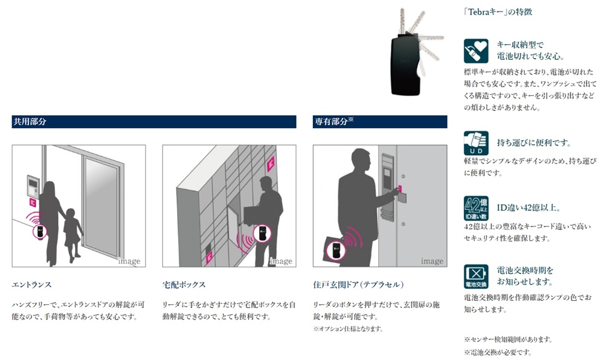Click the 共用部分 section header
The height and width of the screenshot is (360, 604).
30,121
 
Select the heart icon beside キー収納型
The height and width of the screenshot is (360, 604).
475,51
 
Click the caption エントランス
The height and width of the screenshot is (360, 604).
31,284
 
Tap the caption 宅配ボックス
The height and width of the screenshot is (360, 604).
184,284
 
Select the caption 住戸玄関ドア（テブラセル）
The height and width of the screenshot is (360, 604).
358,284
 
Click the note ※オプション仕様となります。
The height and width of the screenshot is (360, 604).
347,329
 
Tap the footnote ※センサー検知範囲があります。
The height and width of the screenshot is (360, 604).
508,339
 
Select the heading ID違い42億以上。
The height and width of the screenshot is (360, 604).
529,208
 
